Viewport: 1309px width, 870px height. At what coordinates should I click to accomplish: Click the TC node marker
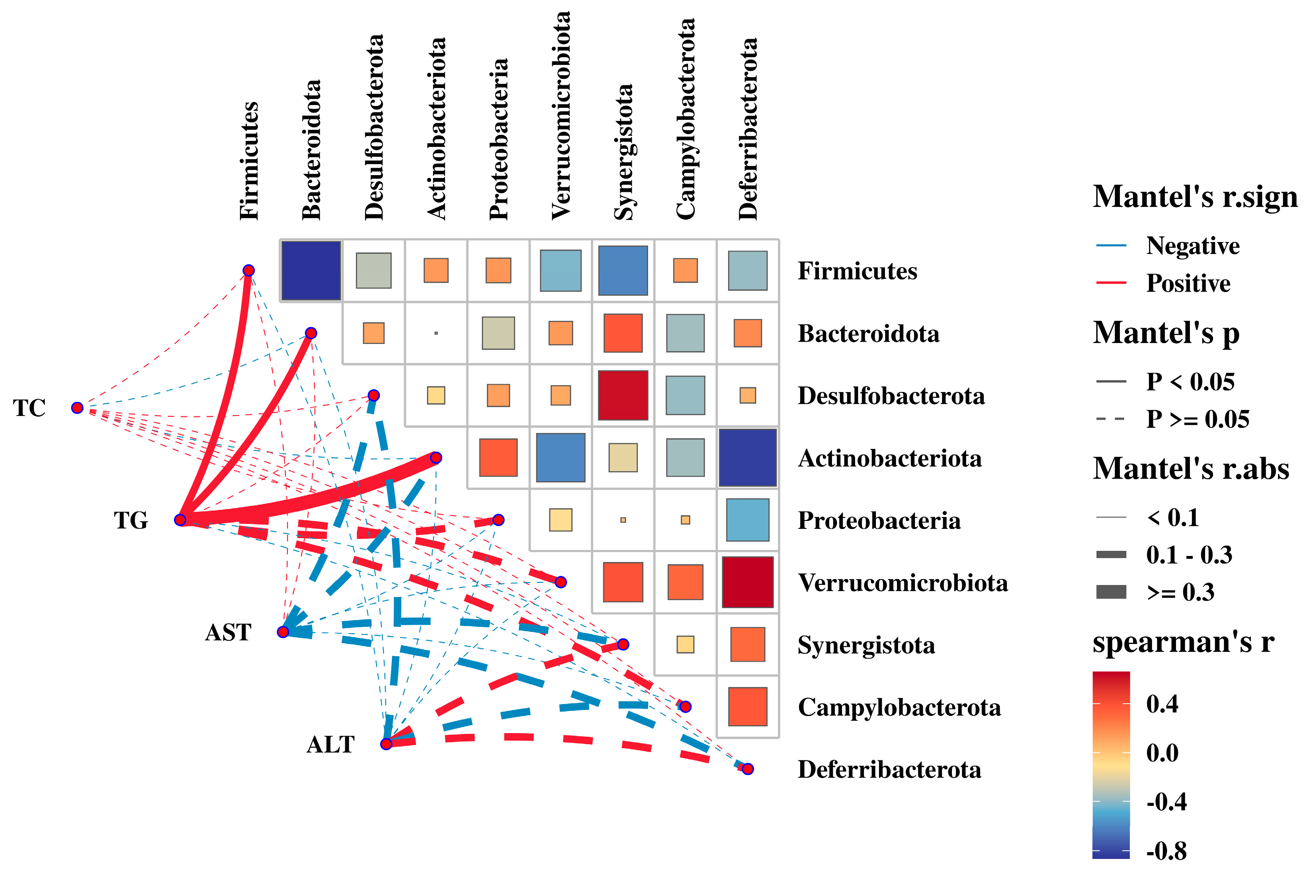(x=77, y=408)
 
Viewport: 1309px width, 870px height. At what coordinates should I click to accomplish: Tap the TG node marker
(x=180, y=520)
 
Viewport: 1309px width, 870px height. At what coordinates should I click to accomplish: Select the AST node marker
(x=283, y=632)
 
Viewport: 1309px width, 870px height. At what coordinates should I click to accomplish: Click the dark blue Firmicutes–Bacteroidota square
(x=311, y=271)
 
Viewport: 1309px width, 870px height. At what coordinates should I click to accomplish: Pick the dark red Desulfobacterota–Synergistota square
(x=623, y=395)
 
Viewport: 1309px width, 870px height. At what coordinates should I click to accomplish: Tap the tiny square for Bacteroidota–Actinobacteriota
(x=436, y=333)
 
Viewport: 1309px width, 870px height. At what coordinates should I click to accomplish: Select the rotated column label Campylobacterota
(x=686, y=119)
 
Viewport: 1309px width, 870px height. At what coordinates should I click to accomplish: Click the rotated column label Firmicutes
(x=249, y=161)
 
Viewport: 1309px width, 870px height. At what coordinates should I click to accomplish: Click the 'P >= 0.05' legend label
(x=1198, y=419)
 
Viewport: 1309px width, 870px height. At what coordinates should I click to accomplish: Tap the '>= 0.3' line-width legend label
(x=1180, y=593)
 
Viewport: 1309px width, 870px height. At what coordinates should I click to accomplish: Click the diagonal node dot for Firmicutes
(x=248, y=270)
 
